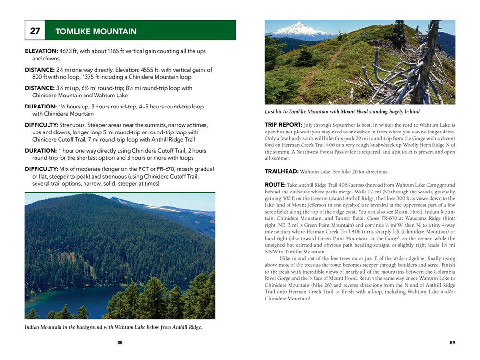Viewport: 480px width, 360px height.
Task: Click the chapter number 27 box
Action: pos(35,31)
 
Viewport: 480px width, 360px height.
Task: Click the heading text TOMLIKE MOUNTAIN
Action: pos(96,31)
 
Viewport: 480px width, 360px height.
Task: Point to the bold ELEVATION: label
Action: pos(41,51)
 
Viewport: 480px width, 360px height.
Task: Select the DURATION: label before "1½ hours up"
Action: pos(41,107)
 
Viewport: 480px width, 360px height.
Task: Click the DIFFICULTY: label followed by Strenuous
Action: pos(41,125)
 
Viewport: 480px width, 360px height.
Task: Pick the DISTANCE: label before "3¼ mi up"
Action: pos(40,88)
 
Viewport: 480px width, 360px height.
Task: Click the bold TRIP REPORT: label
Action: pos(284,125)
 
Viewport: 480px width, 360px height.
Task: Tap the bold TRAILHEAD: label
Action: pos(281,171)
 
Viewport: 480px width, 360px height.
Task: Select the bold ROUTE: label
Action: pos(275,185)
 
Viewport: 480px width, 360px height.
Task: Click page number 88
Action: pos(120,342)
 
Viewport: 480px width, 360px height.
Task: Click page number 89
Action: pos(452,342)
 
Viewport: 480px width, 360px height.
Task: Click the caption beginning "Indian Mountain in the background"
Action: pos(113,327)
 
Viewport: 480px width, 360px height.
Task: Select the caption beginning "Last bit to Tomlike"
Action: pos(342,112)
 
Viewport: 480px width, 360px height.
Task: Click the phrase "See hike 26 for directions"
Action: pos(358,171)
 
